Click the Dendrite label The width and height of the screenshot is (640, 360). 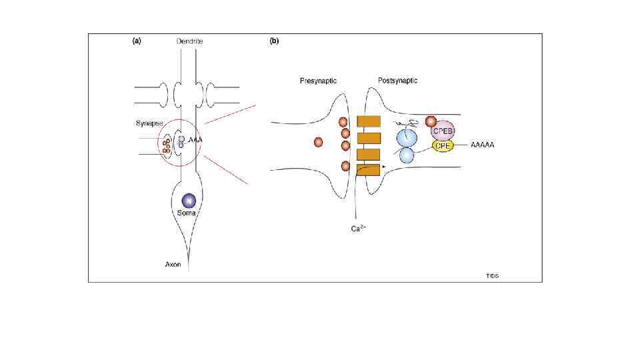190,41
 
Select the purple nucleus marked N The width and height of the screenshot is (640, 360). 188,201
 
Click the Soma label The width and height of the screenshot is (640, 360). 188,213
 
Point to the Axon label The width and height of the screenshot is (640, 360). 173,265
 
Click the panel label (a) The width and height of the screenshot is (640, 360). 137,41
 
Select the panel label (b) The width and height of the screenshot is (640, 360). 274,41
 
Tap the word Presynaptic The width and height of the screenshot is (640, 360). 318,81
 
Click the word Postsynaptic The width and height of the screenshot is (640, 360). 397,81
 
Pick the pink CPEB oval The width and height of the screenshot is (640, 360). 443,131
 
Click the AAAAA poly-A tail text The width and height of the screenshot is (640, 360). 483,145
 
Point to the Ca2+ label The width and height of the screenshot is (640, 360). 359,229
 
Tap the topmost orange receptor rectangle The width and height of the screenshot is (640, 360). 369,121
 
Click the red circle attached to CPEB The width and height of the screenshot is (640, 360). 430,122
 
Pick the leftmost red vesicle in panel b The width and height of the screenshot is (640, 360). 318,141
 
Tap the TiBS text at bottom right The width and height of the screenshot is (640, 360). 493,275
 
